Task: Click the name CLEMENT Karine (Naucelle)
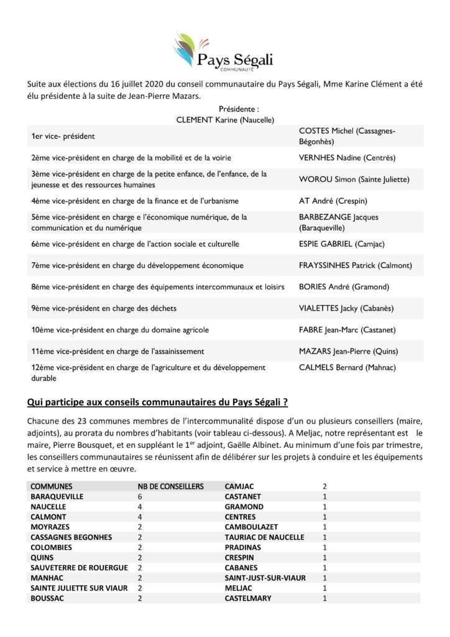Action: point(226,119)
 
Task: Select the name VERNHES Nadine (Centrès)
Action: point(347,158)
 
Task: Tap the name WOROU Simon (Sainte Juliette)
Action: point(354,180)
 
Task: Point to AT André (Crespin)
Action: point(326,201)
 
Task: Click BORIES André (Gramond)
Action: point(344,287)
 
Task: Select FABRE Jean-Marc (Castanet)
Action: point(347,330)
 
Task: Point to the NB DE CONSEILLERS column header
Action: point(170,486)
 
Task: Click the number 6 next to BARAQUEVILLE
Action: point(140,496)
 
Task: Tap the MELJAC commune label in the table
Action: point(241,588)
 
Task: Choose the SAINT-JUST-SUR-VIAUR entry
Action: point(265,578)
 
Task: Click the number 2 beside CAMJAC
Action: point(324,486)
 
